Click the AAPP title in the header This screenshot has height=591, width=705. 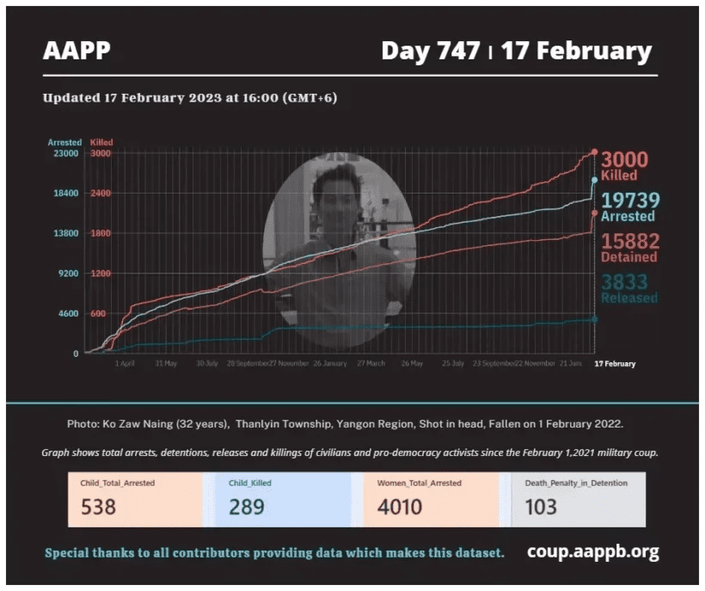[77, 51]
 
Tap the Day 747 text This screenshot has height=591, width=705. [430, 51]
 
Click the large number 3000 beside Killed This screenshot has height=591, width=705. [624, 160]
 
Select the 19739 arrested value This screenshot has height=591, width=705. [629, 200]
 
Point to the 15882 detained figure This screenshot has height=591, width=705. [629, 241]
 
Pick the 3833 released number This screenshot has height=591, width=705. [625, 281]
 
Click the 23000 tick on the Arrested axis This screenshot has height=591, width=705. [64, 153]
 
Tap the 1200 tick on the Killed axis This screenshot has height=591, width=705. [100, 274]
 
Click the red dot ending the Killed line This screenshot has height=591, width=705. [594, 152]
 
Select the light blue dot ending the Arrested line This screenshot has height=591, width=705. [594, 180]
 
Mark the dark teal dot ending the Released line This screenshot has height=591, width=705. [594, 319]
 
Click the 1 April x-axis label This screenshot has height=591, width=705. [125, 364]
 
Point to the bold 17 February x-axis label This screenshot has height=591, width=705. [616, 364]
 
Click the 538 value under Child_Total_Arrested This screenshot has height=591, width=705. [99, 507]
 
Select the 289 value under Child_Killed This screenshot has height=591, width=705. [247, 507]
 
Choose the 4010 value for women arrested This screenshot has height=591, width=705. [400, 507]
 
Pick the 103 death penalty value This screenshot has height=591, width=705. [541, 507]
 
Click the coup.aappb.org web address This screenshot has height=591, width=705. [592, 551]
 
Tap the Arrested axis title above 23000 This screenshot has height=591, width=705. [64, 142]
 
